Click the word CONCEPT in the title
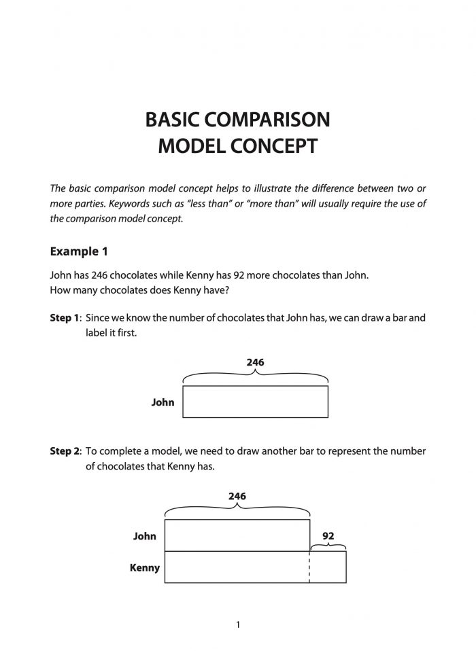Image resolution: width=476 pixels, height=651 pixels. [276, 146]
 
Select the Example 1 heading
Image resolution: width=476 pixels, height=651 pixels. [79, 251]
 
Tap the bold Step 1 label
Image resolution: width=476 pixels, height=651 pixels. [65, 317]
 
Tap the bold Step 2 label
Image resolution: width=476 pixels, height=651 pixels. [65, 451]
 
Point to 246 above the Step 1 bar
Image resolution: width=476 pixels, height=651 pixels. [255, 362]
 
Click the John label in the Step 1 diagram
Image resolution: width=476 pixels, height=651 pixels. [163, 402]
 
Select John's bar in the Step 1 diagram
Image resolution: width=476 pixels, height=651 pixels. [256, 402]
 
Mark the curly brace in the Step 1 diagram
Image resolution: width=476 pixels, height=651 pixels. [256, 376]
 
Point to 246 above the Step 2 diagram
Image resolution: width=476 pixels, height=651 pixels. [237, 496]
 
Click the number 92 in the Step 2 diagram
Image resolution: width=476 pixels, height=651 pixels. [328, 535]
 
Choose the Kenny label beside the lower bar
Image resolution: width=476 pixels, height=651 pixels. [144, 567]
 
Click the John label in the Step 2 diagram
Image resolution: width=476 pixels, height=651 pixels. [144, 536]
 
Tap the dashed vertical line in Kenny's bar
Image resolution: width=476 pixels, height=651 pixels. [309, 567]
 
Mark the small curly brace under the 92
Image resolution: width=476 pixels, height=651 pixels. [328, 546]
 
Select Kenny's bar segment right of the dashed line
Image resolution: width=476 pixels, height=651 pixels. [328, 567]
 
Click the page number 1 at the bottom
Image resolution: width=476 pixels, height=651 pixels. [238, 624]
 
